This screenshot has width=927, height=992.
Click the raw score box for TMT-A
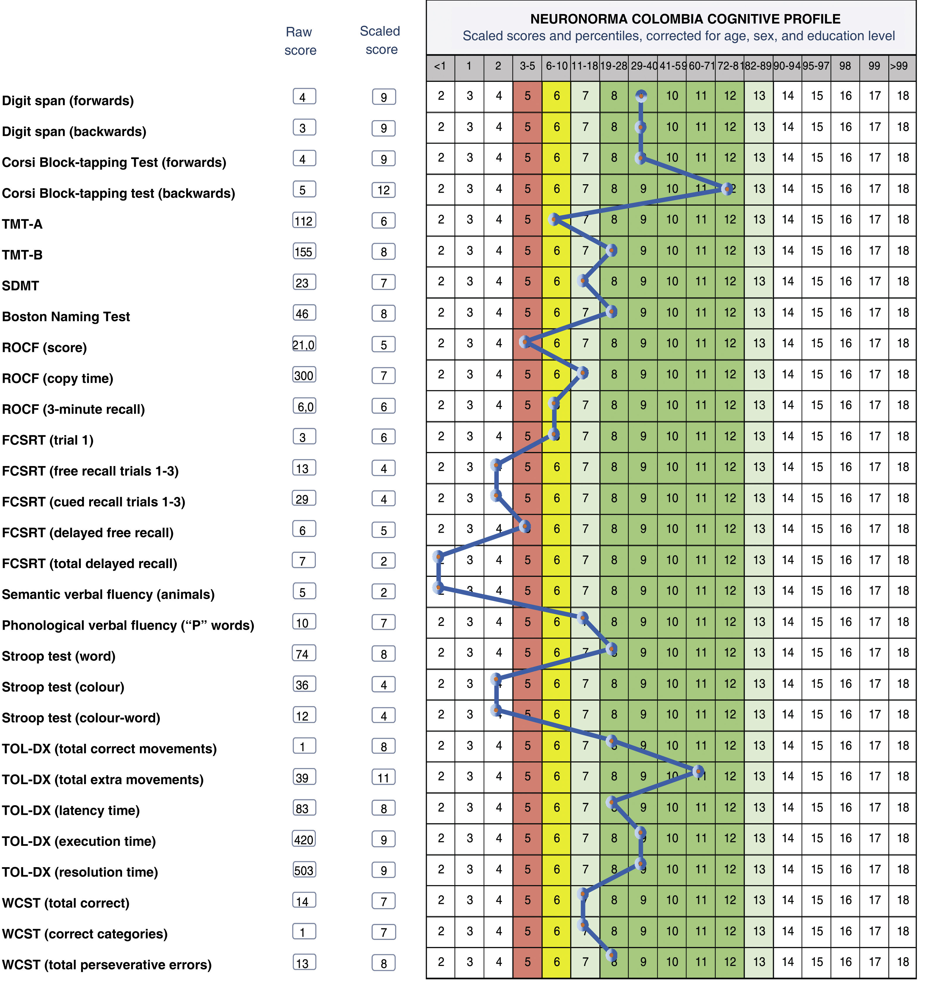pos(304,220)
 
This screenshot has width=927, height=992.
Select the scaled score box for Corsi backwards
pos(383,190)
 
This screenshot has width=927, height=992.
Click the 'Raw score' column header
pos(300,41)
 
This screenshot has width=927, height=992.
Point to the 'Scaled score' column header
pos(381,40)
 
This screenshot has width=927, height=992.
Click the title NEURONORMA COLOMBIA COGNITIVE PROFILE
pos(685,19)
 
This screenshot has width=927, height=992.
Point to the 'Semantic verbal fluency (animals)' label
pos(108,594)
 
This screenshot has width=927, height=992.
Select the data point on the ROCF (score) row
pos(525,342)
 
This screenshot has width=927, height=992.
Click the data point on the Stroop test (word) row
pos(611,649)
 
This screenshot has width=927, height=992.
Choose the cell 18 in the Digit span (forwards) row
pos(902,96)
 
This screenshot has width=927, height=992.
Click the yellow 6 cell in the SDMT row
pos(556,282)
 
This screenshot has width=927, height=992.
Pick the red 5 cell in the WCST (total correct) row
pos(527,900)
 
